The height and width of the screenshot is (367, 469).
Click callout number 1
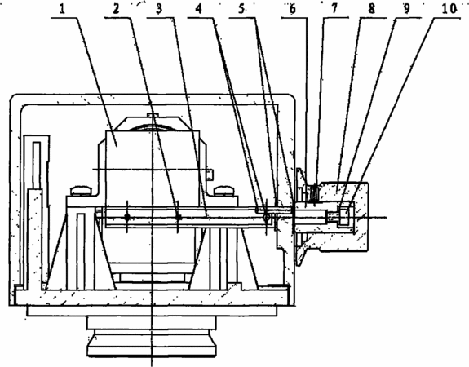(62, 9)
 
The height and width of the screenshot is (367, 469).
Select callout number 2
(116, 9)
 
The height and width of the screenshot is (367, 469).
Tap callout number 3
(159, 9)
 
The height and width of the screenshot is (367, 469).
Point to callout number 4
(199, 9)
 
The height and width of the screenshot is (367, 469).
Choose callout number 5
(241, 9)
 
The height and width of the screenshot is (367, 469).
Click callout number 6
(293, 9)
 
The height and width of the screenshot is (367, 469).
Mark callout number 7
(334, 9)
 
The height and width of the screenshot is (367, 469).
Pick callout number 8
(371, 9)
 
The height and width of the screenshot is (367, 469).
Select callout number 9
(406, 9)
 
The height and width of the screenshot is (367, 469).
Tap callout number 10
(449, 9)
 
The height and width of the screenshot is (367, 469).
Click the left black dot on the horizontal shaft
(127, 217)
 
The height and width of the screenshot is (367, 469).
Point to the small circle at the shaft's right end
(266, 218)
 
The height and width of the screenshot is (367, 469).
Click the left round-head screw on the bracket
(81, 191)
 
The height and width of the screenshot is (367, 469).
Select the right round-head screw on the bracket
(224, 191)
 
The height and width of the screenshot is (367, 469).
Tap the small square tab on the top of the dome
(153, 114)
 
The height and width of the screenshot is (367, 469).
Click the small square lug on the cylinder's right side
(210, 175)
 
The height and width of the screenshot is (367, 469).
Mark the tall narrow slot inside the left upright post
(37, 166)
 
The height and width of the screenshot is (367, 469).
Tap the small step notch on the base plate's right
(235, 286)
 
